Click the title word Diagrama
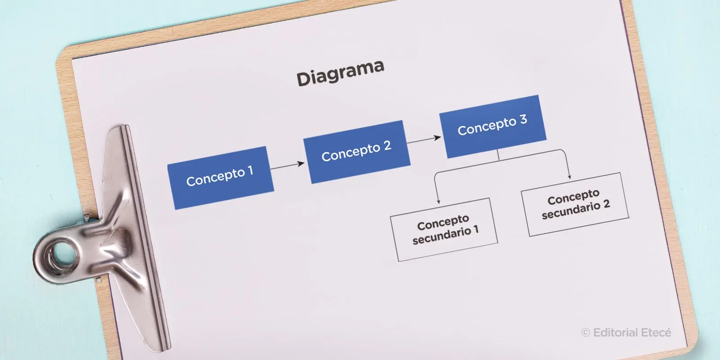click(x=340, y=72)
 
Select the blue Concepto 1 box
click(x=220, y=178)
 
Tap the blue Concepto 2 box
click(x=357, y=152)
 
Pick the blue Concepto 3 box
click(x=493, y=126)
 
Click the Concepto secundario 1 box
click(x=444, y=229)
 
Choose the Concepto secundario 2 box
click(x=575, y=204)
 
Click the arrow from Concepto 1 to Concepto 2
click(x=287, y=166)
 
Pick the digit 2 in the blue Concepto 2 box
click(x=387, y=146)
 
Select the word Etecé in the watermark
click(x=656, y=333)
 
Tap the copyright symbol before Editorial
click(x=585, y=333)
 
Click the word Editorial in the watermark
click(x=615, y=333)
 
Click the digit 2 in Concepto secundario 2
click(x=607, y=204)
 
